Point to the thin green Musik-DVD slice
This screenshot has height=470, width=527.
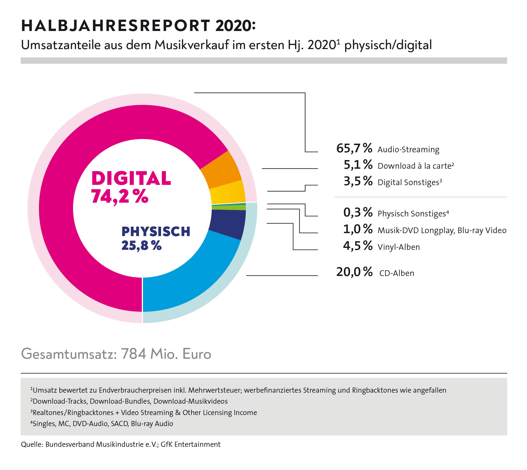click(229, 208)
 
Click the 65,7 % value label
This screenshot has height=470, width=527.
click(354, 148)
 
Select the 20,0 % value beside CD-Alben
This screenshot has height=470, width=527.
click(354, 272)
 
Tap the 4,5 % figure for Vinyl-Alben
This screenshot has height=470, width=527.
click(357, 246)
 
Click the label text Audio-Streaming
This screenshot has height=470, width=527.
click(408, 150)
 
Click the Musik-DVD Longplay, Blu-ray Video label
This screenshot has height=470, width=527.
click(442, 230)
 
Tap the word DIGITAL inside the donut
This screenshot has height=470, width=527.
click(131, 178)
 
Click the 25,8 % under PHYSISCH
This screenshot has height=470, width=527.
click(141, 246)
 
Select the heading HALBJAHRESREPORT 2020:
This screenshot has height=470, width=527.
click(138, 26)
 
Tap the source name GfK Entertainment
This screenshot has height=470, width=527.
click(190, 444)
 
